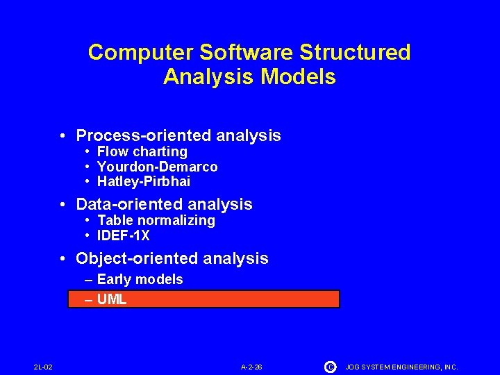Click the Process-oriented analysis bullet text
[178, 135]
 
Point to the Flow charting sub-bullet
[142, 151]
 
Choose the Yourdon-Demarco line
[157, 167]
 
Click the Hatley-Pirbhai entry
[143, 182]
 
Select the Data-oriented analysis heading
[164, 204]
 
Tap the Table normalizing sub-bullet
[156, 220]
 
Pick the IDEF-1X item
[123, 235]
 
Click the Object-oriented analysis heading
[172, 258]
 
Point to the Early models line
[140, 279]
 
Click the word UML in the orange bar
[112, 299]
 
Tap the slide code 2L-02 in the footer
[43, 367]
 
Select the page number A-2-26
[251, 367]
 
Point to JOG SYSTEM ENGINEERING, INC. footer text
[401, 367]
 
